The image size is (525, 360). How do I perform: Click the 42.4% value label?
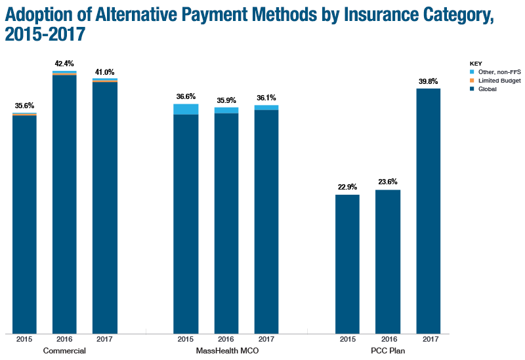click(x=64, y=64)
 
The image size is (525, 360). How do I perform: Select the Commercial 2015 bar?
click(x=24, y=223)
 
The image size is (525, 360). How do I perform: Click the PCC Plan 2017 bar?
click(x=429, y=210)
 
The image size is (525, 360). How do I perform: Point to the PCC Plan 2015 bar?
click(x=347, y=263)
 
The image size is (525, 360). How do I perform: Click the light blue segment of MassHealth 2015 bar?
click(x=186, y=109)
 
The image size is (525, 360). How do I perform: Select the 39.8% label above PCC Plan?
click(x=429, y=81)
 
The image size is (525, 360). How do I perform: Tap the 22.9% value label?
click(x=347, y=187)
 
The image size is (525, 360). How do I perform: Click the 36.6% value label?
click(x=186, y=96)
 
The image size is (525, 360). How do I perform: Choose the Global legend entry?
click(x=487, y=89)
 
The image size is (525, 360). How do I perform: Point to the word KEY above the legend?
click(x=476, y=64)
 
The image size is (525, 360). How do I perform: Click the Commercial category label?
click(x=64, y=351)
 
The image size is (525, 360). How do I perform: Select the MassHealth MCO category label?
click(x=226, y=351)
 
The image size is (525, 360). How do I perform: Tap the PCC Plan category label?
click(x=388, y=351)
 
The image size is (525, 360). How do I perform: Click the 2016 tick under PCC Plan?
click(x=388, y=339)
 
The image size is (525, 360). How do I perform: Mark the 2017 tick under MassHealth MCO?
click(x=266, y=339)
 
